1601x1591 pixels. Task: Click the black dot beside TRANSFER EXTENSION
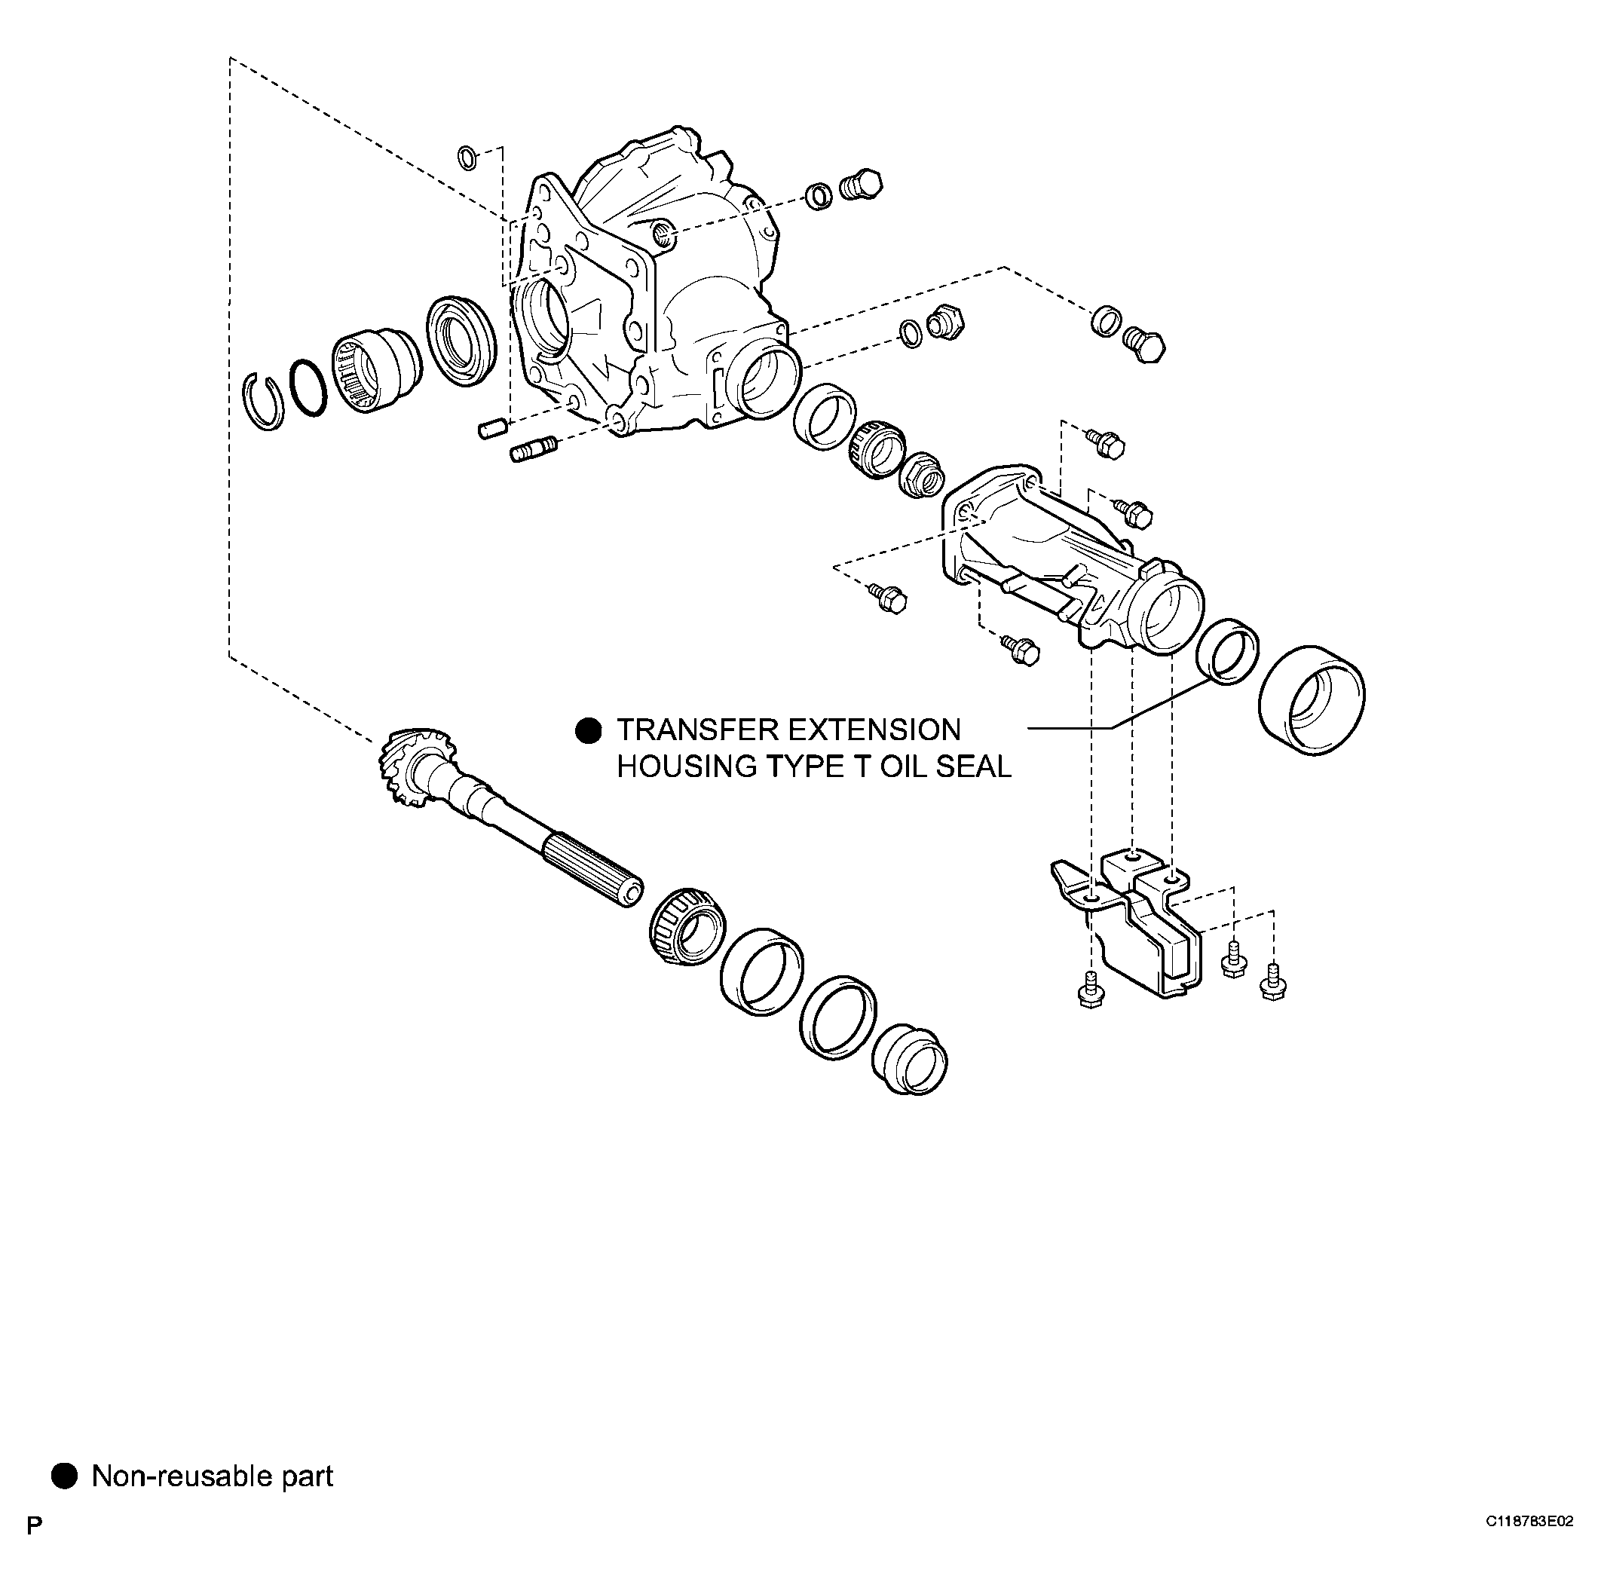coord(589,730)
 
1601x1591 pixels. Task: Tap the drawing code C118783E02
coord(1527,1544)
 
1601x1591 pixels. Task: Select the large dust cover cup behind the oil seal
coord(1310,701)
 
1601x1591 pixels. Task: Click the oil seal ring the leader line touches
coord(1228,651)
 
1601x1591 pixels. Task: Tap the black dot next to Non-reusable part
coord(64,1476)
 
